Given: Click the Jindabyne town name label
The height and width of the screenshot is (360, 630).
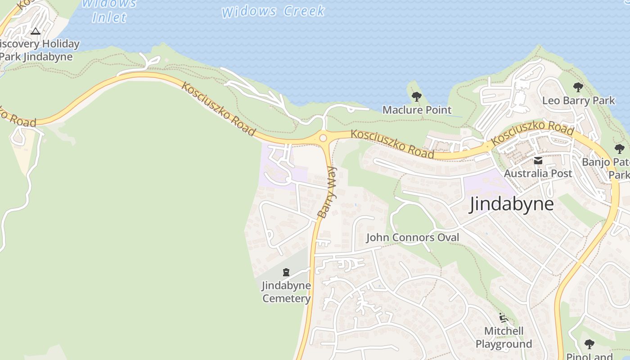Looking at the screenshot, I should [x=512, y=204].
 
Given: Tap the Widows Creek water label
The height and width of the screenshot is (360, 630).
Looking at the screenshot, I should [x=273, y=11].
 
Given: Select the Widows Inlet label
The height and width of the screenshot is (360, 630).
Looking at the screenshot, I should [x=109, y=11].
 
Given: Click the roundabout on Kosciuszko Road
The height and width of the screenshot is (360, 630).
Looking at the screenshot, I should [x=323, y=138].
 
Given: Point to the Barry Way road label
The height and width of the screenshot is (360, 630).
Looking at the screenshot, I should [x=327, y=193].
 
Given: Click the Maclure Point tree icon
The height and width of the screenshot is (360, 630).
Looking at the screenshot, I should [x=417, y=96].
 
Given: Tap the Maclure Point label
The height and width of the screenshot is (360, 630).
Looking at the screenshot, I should [x=417, y=110].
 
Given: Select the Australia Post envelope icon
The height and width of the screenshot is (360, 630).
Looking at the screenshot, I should [x=538, y=161].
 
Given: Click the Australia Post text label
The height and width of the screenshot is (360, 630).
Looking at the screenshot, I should [x=538, y=173].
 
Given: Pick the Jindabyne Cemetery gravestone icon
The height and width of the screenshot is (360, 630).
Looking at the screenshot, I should [x=286, y=272].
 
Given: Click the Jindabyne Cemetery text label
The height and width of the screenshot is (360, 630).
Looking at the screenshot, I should [x=286, y=292].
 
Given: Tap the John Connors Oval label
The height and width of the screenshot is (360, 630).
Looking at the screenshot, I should [x=413, y=237].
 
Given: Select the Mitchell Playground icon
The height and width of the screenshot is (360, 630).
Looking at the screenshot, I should [x=504, y=318].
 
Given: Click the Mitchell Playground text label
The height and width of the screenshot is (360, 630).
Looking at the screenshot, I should [x=504, y=337].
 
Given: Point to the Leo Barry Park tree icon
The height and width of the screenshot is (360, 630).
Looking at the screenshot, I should [x=578, y=87].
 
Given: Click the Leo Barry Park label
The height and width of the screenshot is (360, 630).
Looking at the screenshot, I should [x=578, y=100].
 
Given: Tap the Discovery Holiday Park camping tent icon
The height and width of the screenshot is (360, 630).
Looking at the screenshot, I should [x=36, y=31].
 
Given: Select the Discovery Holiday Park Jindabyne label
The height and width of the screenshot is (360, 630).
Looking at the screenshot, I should [x=38, y=50].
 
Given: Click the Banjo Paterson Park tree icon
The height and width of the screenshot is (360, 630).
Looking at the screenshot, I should [x=620, y=149].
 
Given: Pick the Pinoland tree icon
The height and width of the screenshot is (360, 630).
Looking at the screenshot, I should [x=589, y=345].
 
